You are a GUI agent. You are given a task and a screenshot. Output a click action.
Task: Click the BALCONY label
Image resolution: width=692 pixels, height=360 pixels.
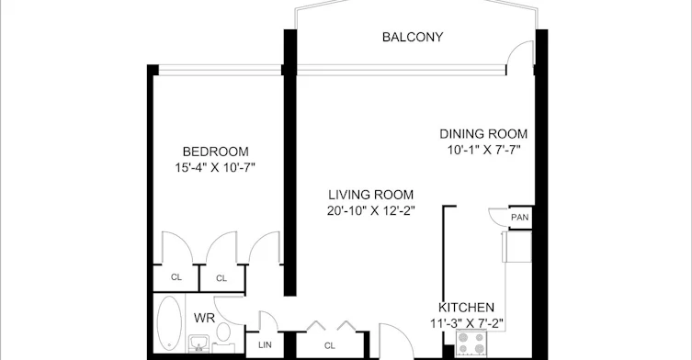413,37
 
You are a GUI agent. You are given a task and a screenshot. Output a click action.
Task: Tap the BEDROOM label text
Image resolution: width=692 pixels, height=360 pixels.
216,152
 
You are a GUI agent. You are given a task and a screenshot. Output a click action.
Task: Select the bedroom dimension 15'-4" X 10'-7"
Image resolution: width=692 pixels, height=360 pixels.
215,168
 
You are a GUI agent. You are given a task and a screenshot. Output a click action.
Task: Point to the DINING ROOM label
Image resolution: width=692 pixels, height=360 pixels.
483,134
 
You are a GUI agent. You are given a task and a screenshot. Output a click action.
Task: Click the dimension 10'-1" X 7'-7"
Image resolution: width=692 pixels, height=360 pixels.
483,150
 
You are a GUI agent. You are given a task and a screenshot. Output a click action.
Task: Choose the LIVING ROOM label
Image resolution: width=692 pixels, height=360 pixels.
370,195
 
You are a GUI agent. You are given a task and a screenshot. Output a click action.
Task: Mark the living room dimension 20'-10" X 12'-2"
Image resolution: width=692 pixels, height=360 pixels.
370,211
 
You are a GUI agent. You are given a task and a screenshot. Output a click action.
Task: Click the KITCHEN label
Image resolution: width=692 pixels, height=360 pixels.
466,308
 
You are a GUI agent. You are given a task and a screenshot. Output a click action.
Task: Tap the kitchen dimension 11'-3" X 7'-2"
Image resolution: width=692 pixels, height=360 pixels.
467,324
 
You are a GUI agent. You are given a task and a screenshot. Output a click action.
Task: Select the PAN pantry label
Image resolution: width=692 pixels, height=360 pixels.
519,218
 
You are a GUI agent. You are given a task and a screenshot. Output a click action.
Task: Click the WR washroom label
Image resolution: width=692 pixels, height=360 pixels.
204,318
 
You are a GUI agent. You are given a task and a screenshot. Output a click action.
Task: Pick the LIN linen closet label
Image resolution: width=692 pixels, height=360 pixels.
265,345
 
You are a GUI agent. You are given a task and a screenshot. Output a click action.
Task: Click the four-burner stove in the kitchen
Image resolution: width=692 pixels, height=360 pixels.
471,343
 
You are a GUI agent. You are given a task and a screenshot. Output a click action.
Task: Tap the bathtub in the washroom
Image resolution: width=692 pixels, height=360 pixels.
169,323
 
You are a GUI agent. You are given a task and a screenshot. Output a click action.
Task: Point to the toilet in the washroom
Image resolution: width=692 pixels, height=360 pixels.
223,336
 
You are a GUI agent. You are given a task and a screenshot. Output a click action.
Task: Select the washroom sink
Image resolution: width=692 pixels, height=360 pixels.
199,343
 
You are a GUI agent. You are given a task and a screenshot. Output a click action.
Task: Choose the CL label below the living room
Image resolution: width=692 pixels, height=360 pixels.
330,346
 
